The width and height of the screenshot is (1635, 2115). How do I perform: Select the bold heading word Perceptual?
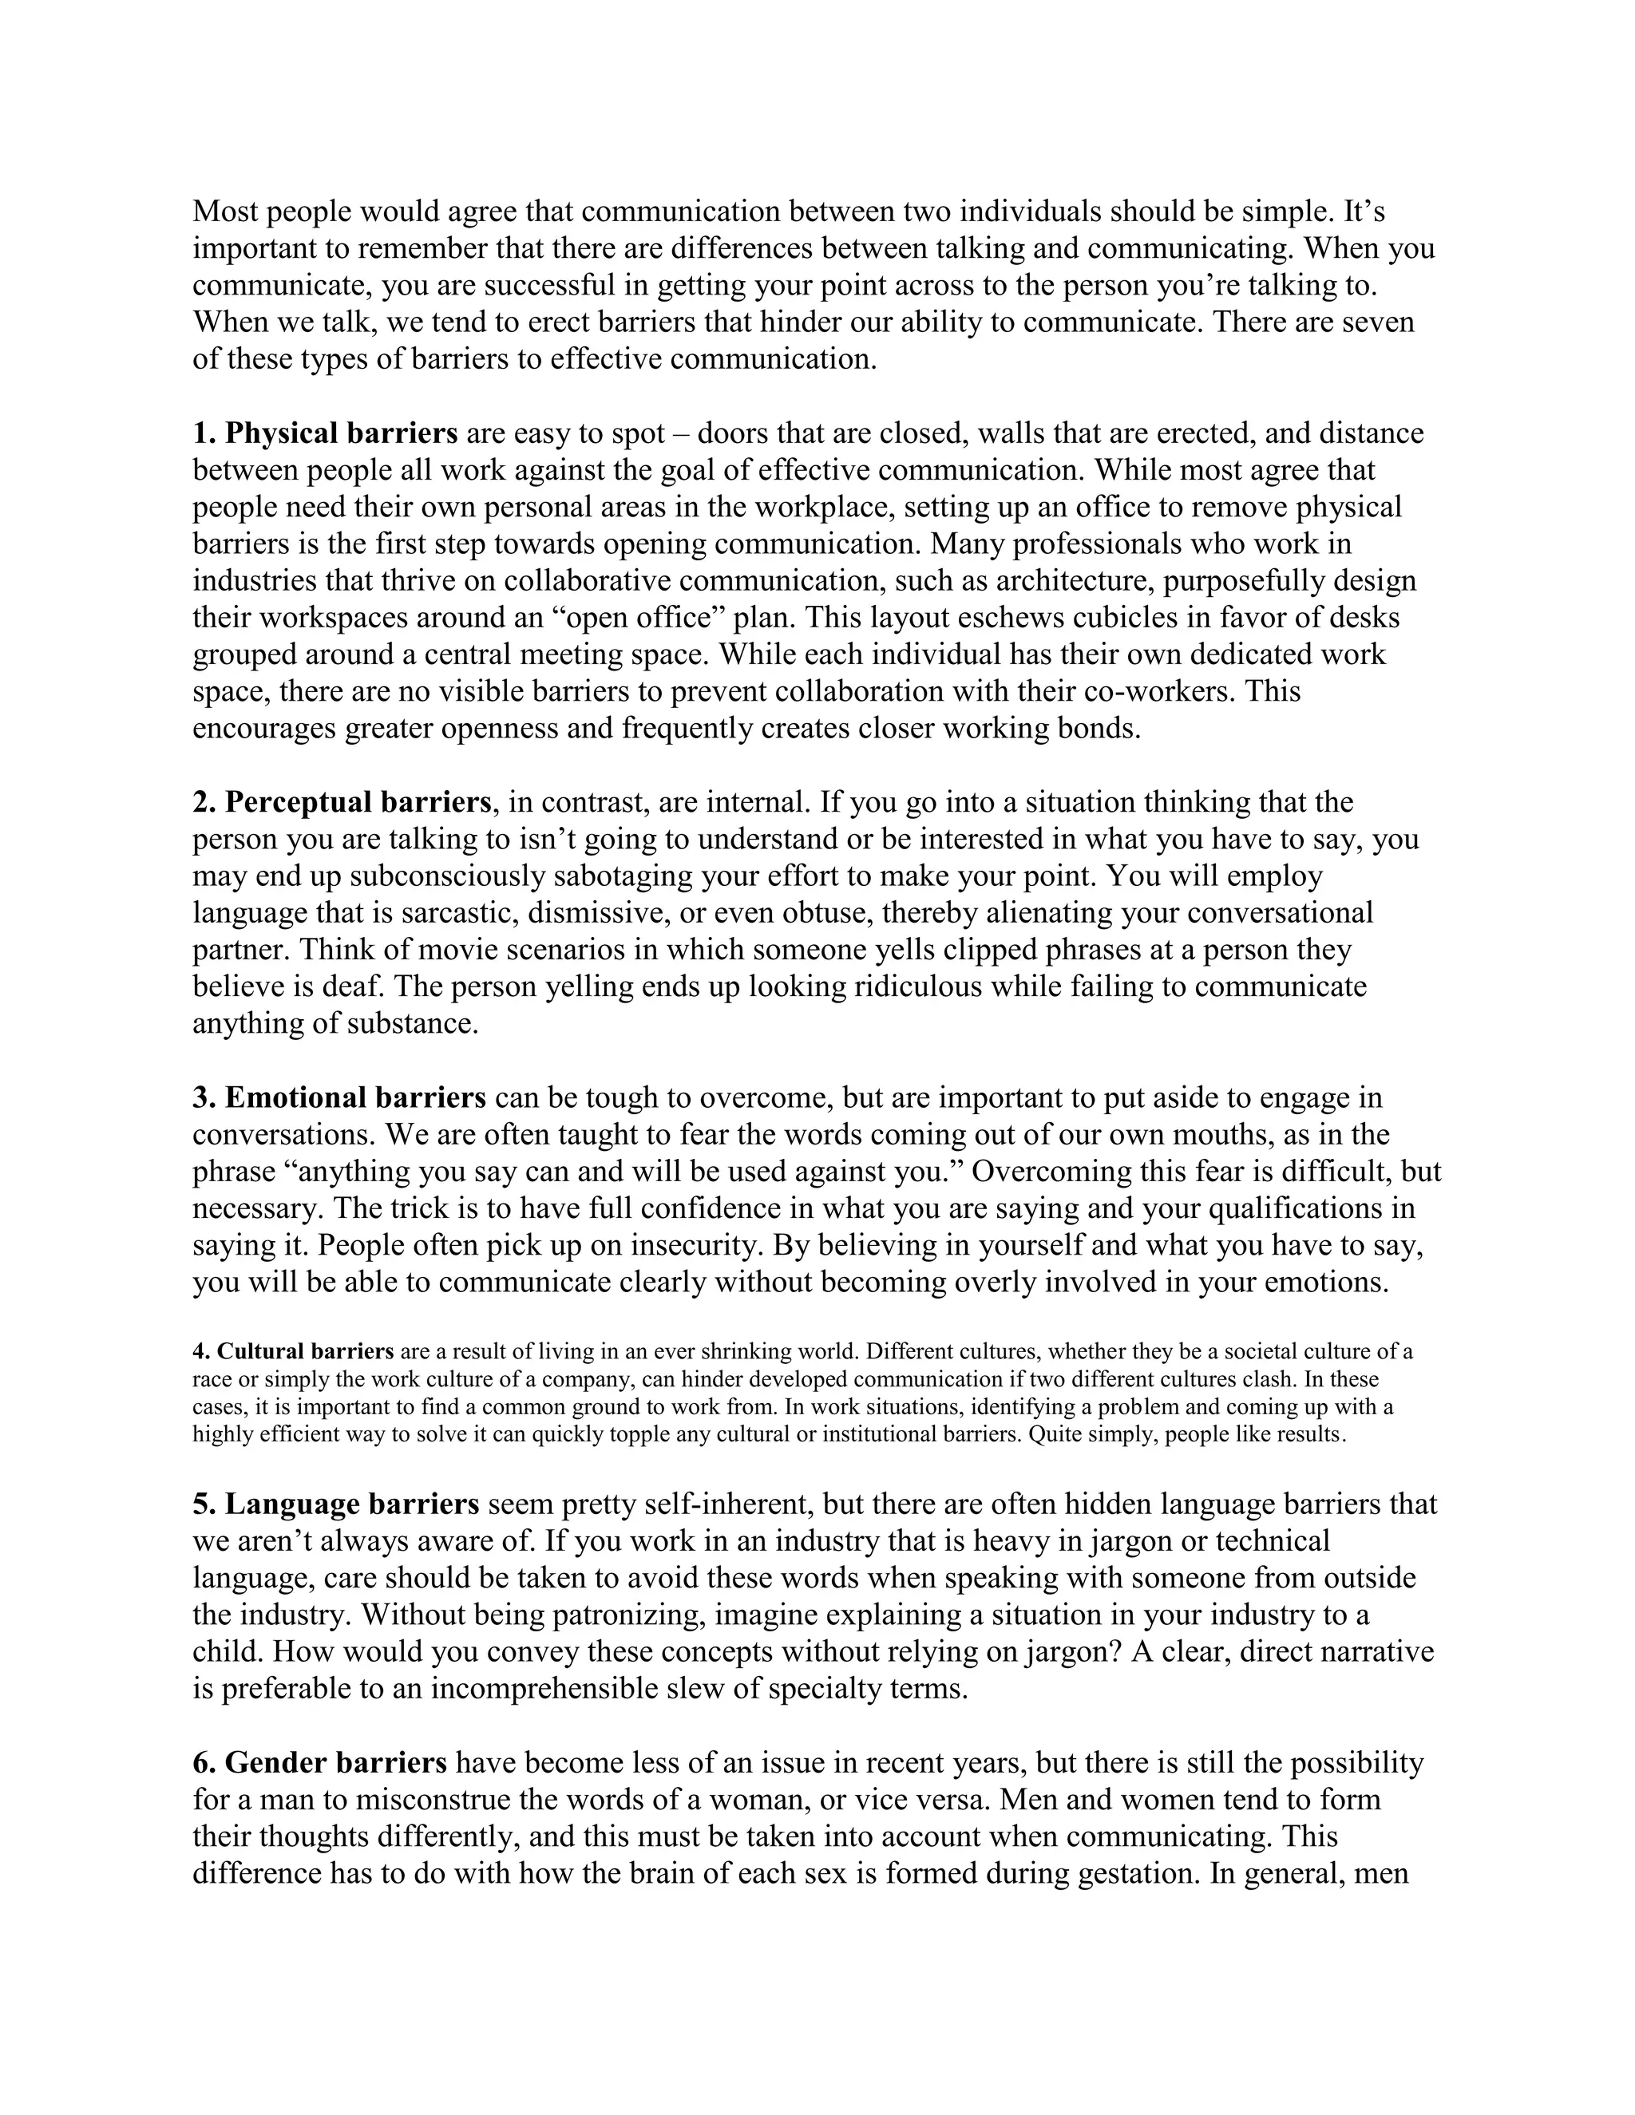(297, 802)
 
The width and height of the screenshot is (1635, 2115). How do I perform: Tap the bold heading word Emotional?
(295, 1097)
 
